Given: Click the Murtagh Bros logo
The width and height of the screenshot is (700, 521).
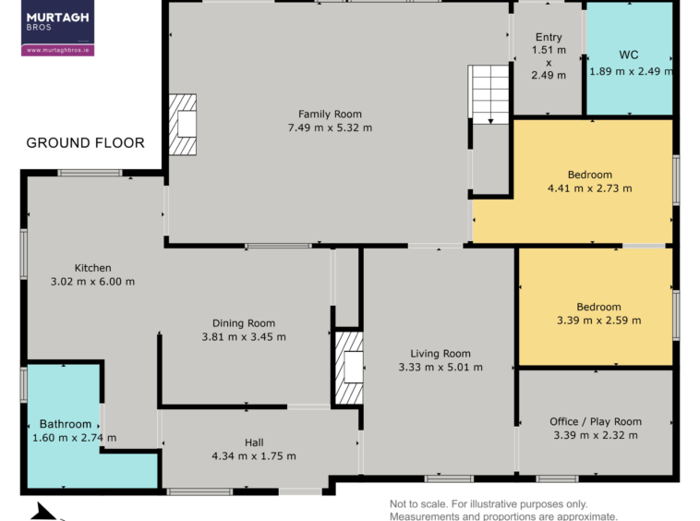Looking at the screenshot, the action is pos(57,28).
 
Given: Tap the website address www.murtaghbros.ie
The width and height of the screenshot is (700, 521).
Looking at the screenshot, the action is pos(57,50).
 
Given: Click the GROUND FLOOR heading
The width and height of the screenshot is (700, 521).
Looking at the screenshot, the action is pos(85,143).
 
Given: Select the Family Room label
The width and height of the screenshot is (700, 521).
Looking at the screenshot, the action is pos(330,115).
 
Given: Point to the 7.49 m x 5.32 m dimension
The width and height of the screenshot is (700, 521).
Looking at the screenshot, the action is pos(330,127).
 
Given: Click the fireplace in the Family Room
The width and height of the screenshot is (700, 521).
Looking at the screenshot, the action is pos(183,125).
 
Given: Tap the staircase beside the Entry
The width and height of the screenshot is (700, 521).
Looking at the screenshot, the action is pos(489,94).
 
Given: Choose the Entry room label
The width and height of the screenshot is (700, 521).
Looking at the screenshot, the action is pos(549,37).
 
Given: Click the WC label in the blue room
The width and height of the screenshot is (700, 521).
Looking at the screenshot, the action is pos(629,55).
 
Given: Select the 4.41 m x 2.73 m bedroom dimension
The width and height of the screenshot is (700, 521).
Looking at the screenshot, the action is pos(590,188).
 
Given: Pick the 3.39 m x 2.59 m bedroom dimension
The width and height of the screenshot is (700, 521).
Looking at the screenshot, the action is pos(598,321).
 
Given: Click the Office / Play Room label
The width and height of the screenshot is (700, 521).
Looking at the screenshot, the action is pos(596,421).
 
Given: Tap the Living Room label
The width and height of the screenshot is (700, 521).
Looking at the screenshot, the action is pos(441,354).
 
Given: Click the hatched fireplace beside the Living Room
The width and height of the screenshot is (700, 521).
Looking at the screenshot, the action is pos(349,368).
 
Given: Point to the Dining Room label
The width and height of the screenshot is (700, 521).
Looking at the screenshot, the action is pos(244,323).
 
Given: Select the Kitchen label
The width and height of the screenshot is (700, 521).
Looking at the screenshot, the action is pos(93,268).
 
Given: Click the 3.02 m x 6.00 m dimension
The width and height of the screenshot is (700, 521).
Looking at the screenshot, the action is pos(92,282).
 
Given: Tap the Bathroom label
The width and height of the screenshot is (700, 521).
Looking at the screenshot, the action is pos(66,424).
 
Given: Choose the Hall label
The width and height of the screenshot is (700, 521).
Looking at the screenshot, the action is pos(254,442).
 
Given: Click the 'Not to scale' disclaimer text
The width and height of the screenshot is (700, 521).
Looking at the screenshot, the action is pos(503,510).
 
